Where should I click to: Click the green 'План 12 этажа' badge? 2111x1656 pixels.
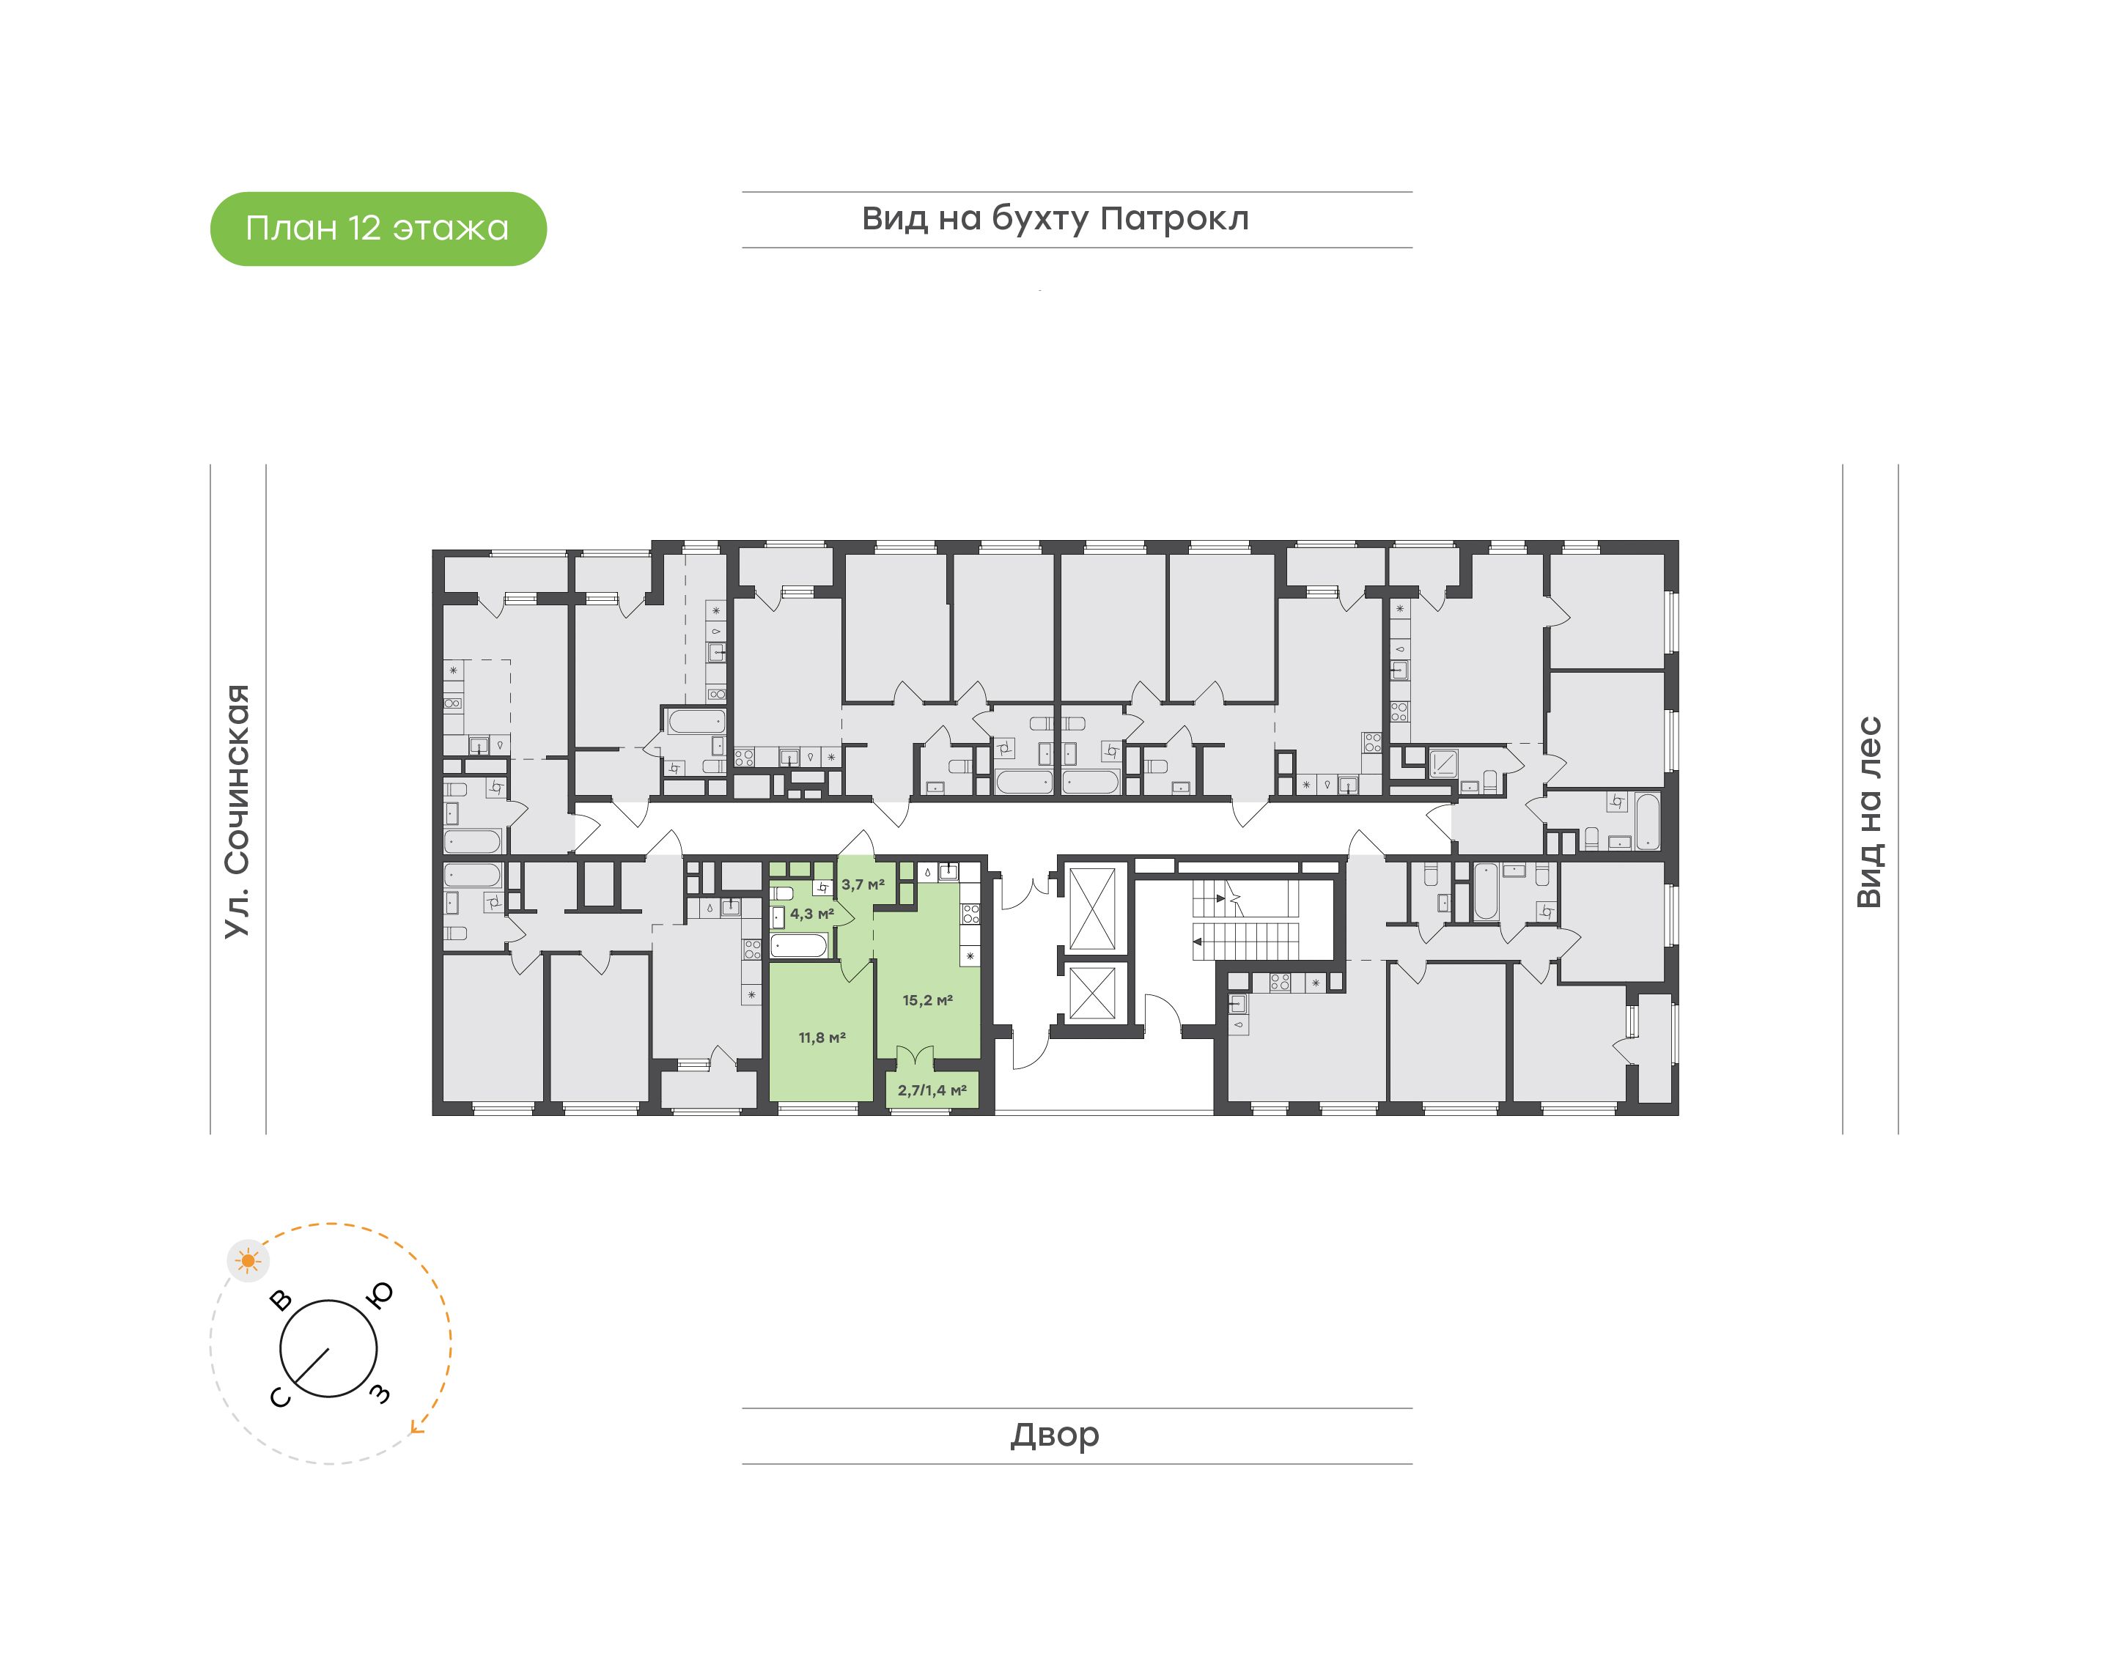pos(378,229)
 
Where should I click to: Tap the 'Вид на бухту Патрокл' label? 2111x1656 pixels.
pos(1055,219)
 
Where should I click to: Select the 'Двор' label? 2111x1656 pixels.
pos(1055,1435)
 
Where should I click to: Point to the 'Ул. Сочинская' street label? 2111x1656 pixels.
pos(237,812)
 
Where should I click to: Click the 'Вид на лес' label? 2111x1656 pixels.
pos(1868,813)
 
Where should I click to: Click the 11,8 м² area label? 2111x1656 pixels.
pos(822,1038)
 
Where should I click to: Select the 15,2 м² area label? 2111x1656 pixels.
pos(928,999)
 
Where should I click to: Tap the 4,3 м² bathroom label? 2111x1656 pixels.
pos(811,913)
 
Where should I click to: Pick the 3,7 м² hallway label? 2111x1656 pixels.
pos(863,884)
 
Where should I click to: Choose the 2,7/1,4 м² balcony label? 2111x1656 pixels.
pos(932,1090)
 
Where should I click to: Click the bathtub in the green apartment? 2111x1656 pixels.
pos(799,945)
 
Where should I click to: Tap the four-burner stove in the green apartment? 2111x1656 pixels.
pos(970,913)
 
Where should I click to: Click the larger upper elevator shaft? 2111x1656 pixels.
pos(1092,909)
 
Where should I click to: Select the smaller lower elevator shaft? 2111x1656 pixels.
pos(1092,992)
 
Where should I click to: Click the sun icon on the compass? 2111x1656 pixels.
pos(249,1260)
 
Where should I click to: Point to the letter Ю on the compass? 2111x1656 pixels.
pos(382,1294)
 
